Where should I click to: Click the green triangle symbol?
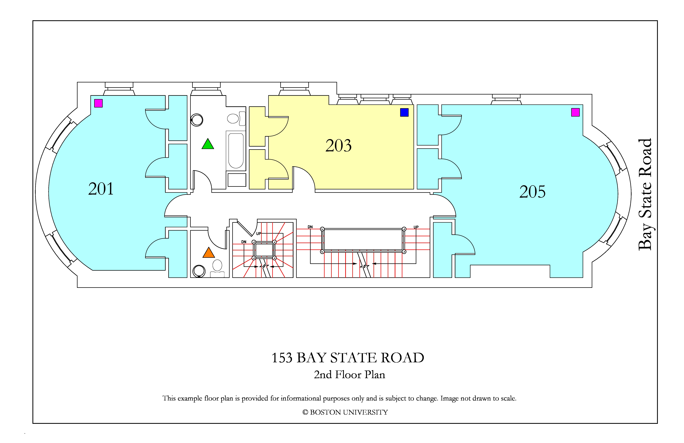pyautogui.click(x=208, y=144)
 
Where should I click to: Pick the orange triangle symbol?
pyautogui.click(x=209, y=253)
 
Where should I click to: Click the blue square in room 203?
pyautogui.click(x=404, y=112)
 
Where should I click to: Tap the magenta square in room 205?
pyautogui.click(x=575, y=112)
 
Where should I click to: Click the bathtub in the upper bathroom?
pyautogui.click(x=236, y=151)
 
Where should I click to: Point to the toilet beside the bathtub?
pyautogui.click(x=236, y=119)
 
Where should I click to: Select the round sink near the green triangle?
pyautogui.click(x=197, y=120)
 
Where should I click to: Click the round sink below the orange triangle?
pyautogui.click(x=199, y=271)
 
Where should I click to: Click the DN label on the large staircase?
pyautogui.click(x=310, y=227)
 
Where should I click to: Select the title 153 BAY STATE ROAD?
pyautogui.click(x=348, y=358)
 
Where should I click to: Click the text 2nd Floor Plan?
pyautogui.click(x=350, y=375)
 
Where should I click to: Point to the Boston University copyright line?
pyautogui.click(x=345, y=412)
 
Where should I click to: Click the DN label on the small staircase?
pyautogui.click(x=244, y=242)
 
